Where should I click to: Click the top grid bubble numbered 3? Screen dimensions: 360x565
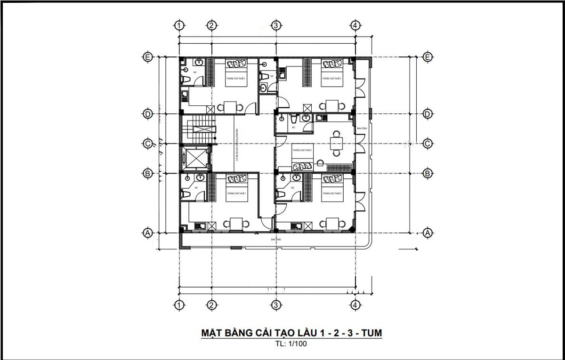[x=276, y=25]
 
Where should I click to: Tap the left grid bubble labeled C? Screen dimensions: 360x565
[x=148, y=144]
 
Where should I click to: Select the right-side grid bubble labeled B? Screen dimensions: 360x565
[x=428, y=173]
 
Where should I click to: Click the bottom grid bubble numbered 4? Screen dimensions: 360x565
[x=355, y=305]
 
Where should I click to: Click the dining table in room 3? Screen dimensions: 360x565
[x=336, y=143]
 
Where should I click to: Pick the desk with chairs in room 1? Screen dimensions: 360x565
[x=236, y=224]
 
